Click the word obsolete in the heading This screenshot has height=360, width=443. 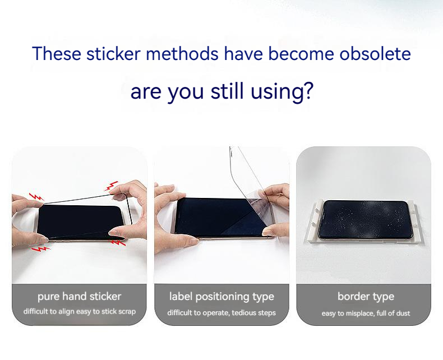375,53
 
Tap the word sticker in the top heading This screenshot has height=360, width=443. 113,53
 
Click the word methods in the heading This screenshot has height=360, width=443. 182,53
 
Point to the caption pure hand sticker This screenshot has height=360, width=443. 80,297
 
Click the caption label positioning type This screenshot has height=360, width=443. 222,297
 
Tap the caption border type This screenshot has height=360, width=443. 366,297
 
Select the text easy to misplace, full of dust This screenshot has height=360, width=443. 366,313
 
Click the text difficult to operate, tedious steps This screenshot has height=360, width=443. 221,313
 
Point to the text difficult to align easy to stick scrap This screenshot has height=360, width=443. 80,311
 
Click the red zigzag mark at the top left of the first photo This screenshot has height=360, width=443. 36,197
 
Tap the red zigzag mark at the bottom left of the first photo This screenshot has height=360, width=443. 40,249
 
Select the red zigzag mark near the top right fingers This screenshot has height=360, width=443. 112,186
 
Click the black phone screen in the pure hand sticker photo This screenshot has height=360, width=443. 80,222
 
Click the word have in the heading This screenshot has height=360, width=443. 243,53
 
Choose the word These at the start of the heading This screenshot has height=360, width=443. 57,53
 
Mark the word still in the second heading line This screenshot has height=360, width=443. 227,91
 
